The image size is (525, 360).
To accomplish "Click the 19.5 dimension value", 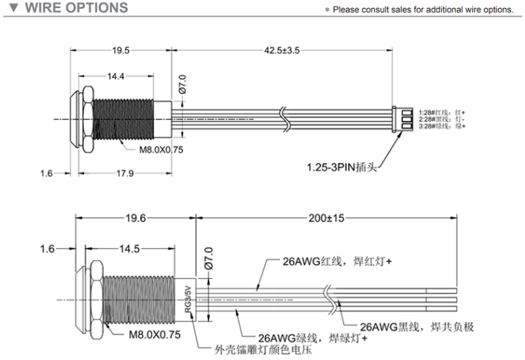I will pos(121,51).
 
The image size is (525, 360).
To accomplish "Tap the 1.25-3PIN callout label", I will pos(342,167).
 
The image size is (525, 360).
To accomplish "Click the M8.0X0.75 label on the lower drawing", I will pos(155,333).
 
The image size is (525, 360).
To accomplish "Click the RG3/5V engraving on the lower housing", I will pos(188,301).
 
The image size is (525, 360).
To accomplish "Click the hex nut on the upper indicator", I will pos(86,116).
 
